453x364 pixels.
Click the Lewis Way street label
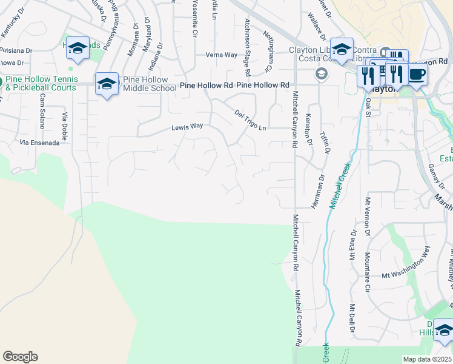[187, 127]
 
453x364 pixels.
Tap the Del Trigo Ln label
[250, 120]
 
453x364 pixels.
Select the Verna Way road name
[221, 55]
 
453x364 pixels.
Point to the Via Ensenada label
[40, 143]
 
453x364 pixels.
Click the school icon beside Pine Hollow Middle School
[107, 84]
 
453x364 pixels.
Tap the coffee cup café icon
[417, 75]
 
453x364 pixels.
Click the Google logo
[20, 357]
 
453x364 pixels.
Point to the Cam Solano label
[43, 111]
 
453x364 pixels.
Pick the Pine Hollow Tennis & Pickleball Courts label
[41, 83]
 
